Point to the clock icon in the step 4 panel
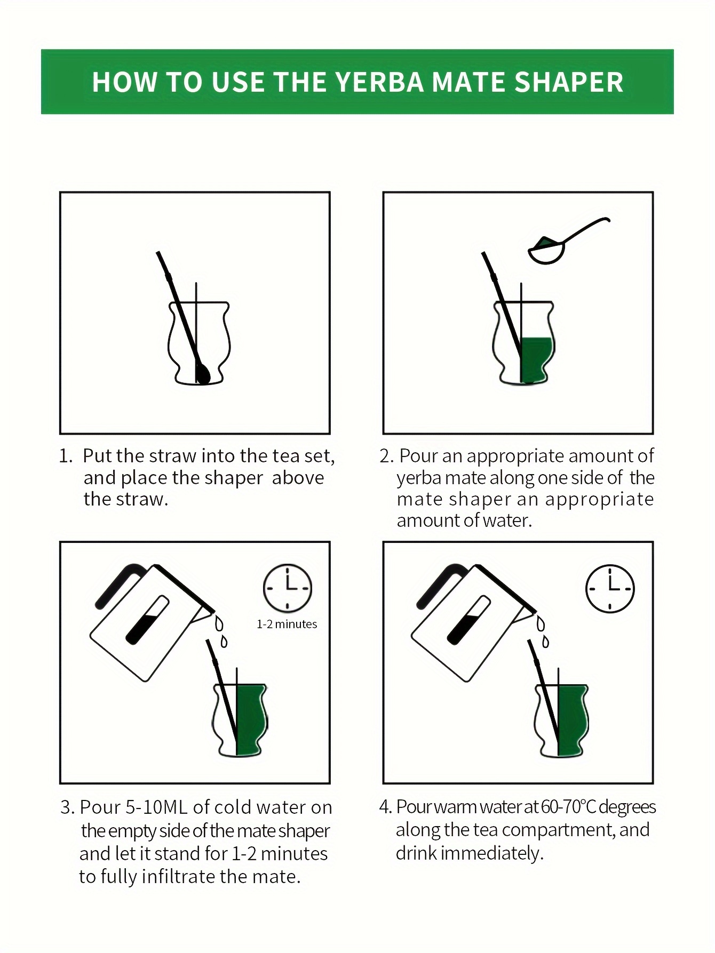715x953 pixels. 610,588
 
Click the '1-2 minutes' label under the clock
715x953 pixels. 287,624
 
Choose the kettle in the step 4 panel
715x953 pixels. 475,621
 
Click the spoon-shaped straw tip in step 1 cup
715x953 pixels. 202,374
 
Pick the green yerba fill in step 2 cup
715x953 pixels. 537,360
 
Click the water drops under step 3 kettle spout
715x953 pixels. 221,631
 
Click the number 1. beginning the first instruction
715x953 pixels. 66,456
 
